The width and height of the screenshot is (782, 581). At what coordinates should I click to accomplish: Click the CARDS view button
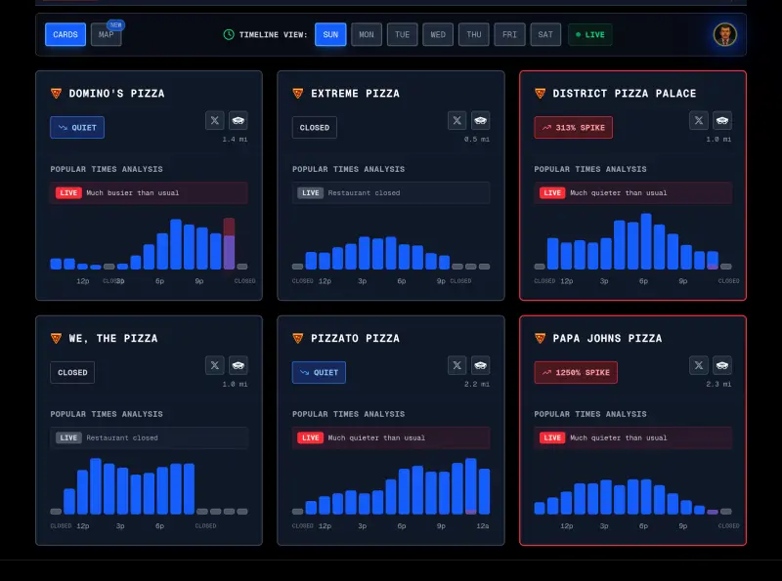click(x=65, y=35)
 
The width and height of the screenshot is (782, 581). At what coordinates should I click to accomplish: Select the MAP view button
click(x=106, y=35)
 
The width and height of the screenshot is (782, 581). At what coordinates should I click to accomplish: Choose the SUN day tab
click(x=330, y=35)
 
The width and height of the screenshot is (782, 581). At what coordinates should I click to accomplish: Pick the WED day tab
click(x=438, y=35)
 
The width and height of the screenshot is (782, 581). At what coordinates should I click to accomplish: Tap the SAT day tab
click(x=545, y=35)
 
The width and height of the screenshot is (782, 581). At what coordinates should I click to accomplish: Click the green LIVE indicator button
click(x=590, y=35)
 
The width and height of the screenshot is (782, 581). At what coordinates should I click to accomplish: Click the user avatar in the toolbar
click(x=724, y=34)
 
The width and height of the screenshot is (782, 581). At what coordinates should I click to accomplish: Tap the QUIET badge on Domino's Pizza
click(x=77, y=127)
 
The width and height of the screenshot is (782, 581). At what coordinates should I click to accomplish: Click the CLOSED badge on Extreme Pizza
click(x=315, y=127)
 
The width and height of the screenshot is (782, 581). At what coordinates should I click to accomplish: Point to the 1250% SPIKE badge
click(x=577, y=372)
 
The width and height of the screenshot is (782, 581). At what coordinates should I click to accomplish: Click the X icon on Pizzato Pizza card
click(x=456, y=365)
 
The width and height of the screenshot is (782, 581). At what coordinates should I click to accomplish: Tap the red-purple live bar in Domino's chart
click(x=229, y=243)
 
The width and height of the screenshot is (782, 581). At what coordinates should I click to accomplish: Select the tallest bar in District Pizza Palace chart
click(x=646, y=241)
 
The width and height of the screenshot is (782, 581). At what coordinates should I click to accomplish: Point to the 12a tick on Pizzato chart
click(x=483, y=525)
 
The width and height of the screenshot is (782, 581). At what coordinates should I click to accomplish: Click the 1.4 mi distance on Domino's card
click(x=235, y=140)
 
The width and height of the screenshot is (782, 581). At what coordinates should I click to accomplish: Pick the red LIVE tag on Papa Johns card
click(x=552, y=437)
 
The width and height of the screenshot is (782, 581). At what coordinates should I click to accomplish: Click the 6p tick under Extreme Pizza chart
click(x=402, y=280)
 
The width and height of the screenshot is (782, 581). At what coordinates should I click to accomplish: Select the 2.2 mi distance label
click(x=476, y=384)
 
